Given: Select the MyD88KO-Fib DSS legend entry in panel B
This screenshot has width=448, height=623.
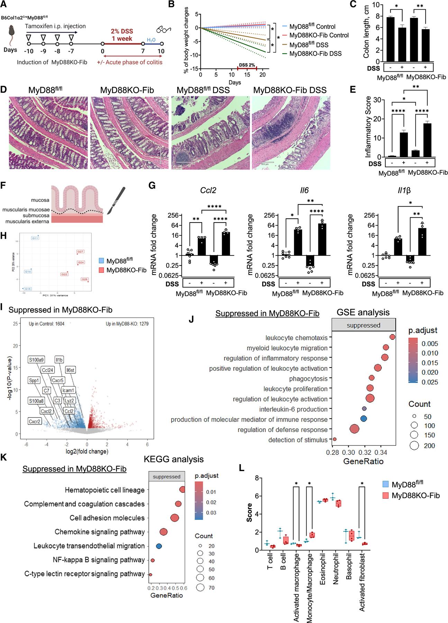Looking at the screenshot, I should (x=315, y=54).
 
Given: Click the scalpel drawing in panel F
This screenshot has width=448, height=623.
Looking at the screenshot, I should (x=116, y=201).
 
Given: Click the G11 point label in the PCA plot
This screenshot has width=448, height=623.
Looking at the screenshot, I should (x=35, y=238).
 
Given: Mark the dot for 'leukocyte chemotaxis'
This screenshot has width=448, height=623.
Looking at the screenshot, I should (x=392, y=337).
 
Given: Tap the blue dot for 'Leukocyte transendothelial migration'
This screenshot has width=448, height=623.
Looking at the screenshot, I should (x=159, y=546).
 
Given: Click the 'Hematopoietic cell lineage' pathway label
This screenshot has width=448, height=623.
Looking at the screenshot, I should (x=104, y=490).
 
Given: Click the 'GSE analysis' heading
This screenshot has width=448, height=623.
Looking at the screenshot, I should (x=363, y=312).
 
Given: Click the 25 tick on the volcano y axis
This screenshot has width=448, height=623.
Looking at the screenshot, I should (x=15, y=324).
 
